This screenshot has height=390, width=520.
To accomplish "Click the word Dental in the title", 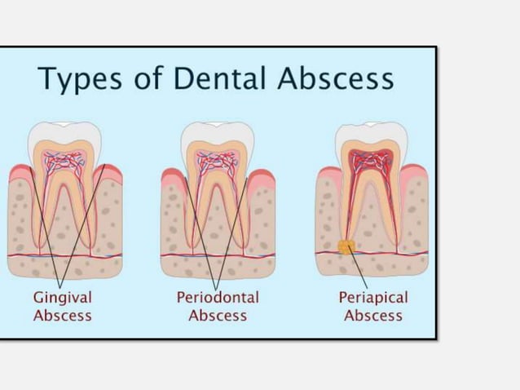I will pyautogui.click(x=218, y=78).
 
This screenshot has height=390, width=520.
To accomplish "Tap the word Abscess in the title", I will pyautogui.click(x=335, y=78).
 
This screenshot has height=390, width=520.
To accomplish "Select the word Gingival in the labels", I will pyautogui.click(x=62, y=297).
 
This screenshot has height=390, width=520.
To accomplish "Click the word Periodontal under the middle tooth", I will pyautogui.click(x=218, y=297).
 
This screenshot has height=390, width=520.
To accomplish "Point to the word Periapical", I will pyautogui.click(x=372, y=297).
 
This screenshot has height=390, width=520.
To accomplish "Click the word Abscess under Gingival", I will pyautogui.click(x=62, y=316).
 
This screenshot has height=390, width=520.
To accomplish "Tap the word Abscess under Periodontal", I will pyautogui.click(x=218, y=316).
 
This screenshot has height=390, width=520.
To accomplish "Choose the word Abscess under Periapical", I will pyautogui.click(x=372, y=316).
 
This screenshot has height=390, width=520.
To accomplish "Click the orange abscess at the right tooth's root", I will pyautogui.click(x=346, y=246).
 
